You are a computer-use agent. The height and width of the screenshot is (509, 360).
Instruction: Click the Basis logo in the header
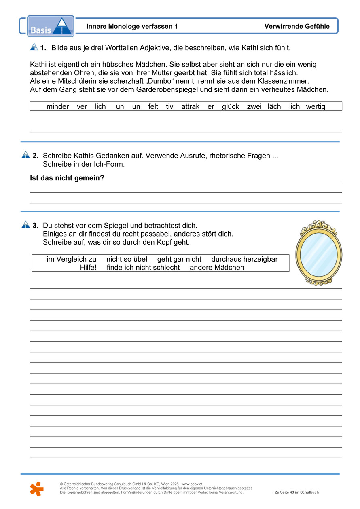click(x=51, y=26)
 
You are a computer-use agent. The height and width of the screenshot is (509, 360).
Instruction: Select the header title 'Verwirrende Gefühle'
click(x=297, y=27)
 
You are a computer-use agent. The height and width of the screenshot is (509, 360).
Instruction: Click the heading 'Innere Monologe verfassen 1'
click(x=132, y=27)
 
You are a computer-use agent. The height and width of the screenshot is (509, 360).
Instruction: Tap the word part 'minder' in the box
click(x=57, y=107)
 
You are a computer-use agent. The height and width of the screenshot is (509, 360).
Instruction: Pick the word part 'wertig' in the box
click(x=316, y=107)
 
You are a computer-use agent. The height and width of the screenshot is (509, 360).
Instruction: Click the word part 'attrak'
click(x=190, y=107)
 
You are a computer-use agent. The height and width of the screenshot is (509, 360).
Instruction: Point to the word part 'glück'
click(x=230, y=107)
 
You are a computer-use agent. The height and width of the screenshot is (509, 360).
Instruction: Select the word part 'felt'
click(x=153, y=107)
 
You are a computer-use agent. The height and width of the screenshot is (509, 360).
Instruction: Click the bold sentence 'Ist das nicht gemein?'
click(x=67, y=178)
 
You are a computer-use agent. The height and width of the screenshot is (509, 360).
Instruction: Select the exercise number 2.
click(x=36, y=156)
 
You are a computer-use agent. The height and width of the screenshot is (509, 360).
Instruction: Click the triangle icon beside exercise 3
click(x=25, y=224)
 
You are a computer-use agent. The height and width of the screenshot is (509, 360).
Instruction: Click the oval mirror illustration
click(x=318, y=253)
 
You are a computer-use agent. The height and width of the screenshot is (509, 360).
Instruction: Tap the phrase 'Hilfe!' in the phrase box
click(x=88, y=268)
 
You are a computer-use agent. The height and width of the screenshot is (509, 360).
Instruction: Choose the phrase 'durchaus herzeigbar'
click(x=244, y=260)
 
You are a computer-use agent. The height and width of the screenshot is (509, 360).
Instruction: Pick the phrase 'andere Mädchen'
click(x=217, y=268)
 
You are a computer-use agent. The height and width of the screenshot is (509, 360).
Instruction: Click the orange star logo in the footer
click(x=36, y=488)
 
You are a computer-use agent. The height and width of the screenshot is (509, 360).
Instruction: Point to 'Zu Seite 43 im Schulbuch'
click(x=296, y=492)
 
